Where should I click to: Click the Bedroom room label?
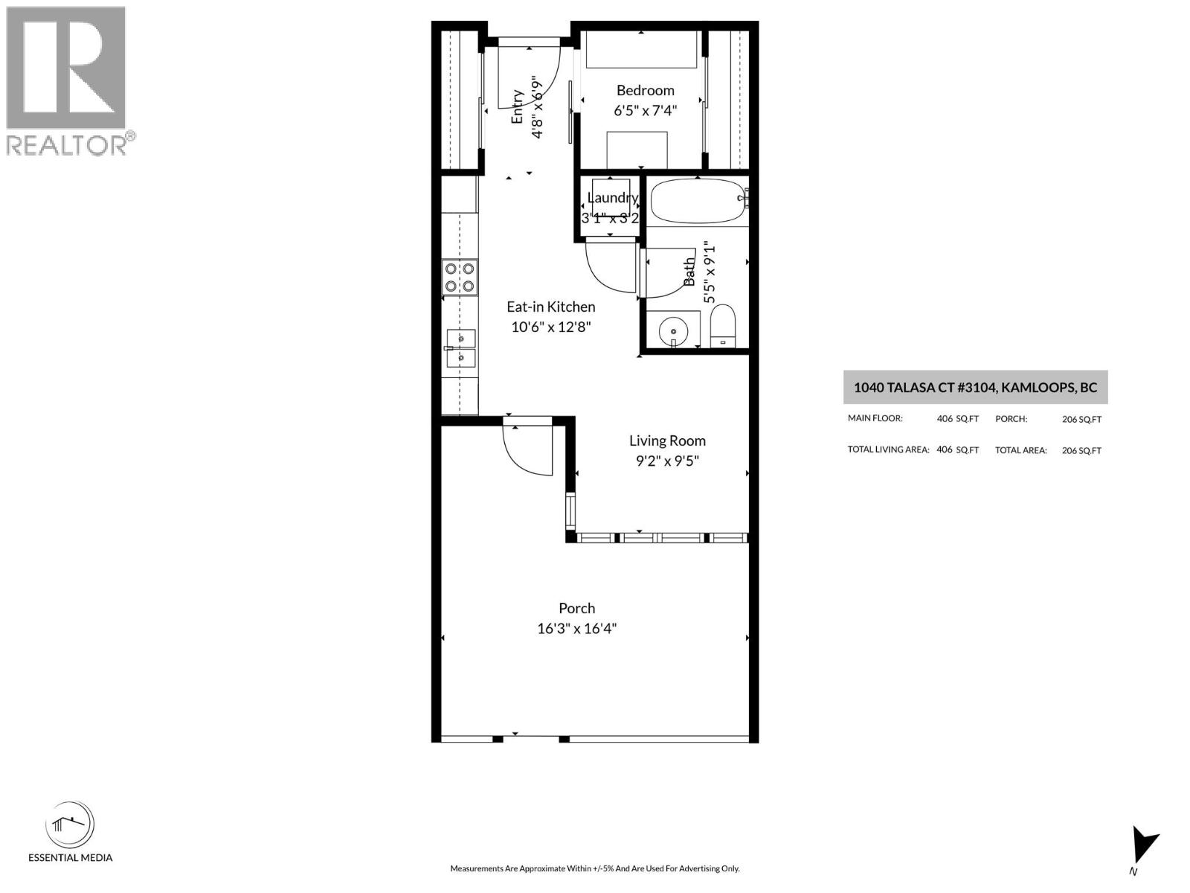pyautogui.click(x=645, y=91)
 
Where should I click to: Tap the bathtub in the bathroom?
pyautogui.click(x=697, y=202)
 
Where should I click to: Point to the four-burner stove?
pyautogui.click(x=460, y=277)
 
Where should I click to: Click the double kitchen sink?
pyautogui.click(x=460, y=348)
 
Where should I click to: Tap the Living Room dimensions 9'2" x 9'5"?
pyautogui.click(x=667, y=461)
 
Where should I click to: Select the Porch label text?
pyautogui.click(x=577, y=608)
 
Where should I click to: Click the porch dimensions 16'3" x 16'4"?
pyautogui.click(x=577, y=629)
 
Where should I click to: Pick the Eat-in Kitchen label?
pyautogui.click(x=550, y=307)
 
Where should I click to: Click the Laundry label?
pyautogui.click(x=611, y=197)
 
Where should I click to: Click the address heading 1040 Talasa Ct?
pyautogui.click(x=975, y=387)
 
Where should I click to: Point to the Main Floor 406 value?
pyautogui.click(x=945, y=419)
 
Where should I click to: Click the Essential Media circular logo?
pyautogui.click(x=70, y=826)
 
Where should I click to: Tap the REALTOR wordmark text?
pyautogui.click(x=67, y=144)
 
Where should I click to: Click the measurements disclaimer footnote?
pyautogui.click(x=594, y=868)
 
